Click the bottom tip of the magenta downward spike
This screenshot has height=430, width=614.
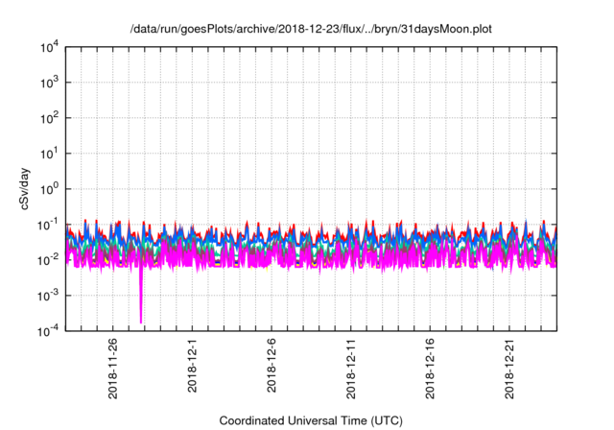141,322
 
